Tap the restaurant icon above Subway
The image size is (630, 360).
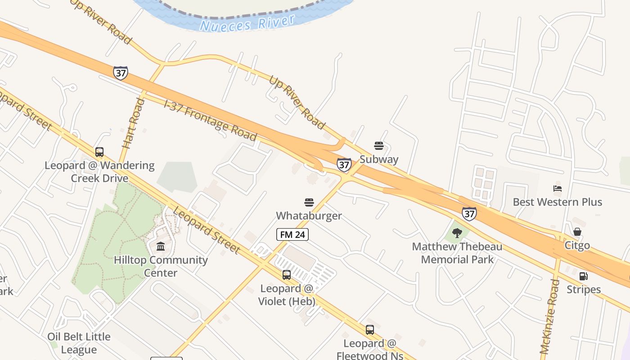pyautogui.click(x=379, y=146)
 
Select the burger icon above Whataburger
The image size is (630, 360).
pyautogui.click(x=309, y=202)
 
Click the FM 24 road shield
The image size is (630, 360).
pyautogui.click(x=292, y=234)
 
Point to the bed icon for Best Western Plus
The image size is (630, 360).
pyautogui.click(x=558, y=189)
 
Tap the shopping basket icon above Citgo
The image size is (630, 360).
pyautogui.click(x=577, y=232)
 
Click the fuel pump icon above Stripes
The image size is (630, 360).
pyautogui.click(x=583, y=276)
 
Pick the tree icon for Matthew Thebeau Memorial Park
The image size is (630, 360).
pyautogui.click(x=457, y=233)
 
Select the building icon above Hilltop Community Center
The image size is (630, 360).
pyautogui.click(x=161, y=246)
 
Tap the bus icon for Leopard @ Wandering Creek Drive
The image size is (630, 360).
pyautogui.click(x=99, y=152)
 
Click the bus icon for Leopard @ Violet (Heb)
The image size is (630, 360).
pyautogui.click(x=287, y=275)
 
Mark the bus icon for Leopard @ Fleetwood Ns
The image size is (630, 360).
pyautogui.click(x=369, y=330)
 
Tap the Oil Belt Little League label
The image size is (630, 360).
pyautogui.click(x=79, y=343)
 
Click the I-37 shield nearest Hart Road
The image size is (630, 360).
pyautogui.click(x=120, y=73)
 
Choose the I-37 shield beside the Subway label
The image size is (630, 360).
pyautogui.click(x=344, y=165)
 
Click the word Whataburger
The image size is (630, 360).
pyautogui.click(x=309, y=216)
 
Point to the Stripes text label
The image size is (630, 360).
pyautogui.click(x=584, y=289)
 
